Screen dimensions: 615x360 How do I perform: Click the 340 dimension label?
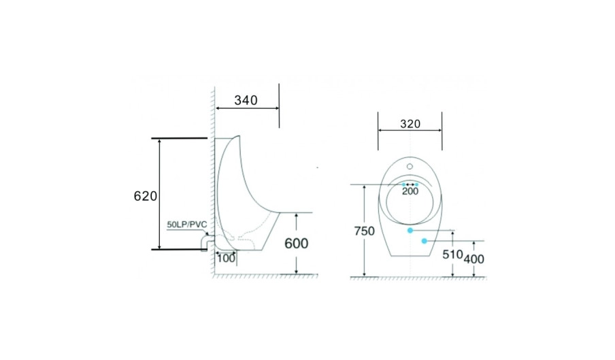click(x=246, y=101)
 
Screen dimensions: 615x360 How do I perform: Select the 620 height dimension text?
click(x=146, y=196)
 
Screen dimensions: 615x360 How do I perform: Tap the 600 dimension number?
click(x=297, y=244)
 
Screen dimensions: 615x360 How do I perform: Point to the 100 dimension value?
click(x=227, y=259)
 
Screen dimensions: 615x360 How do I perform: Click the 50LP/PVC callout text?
click(x=187, y=225)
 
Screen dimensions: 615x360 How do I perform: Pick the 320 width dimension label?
click(x=410, y=124)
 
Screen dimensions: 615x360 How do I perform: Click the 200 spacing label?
click(x=410, y=191)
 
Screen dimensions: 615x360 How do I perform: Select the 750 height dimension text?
click(x=365, y=231)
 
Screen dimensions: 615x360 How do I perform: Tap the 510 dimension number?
click(x=452, y=255)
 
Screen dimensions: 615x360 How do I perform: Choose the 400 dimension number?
click(x=474, y=259)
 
